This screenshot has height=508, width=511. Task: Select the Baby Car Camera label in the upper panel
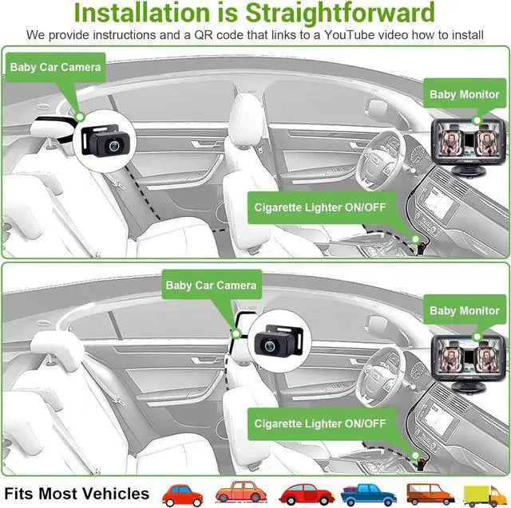coord(56,67)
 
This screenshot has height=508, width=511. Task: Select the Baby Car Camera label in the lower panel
coord(211,285)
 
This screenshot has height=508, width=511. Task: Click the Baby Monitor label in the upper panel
coord(465,94)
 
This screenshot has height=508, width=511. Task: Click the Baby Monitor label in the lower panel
coord(465,310)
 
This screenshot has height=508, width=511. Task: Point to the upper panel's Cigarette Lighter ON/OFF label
coord(319,207)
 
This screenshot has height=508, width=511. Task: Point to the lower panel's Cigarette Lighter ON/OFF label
coord(319,423)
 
